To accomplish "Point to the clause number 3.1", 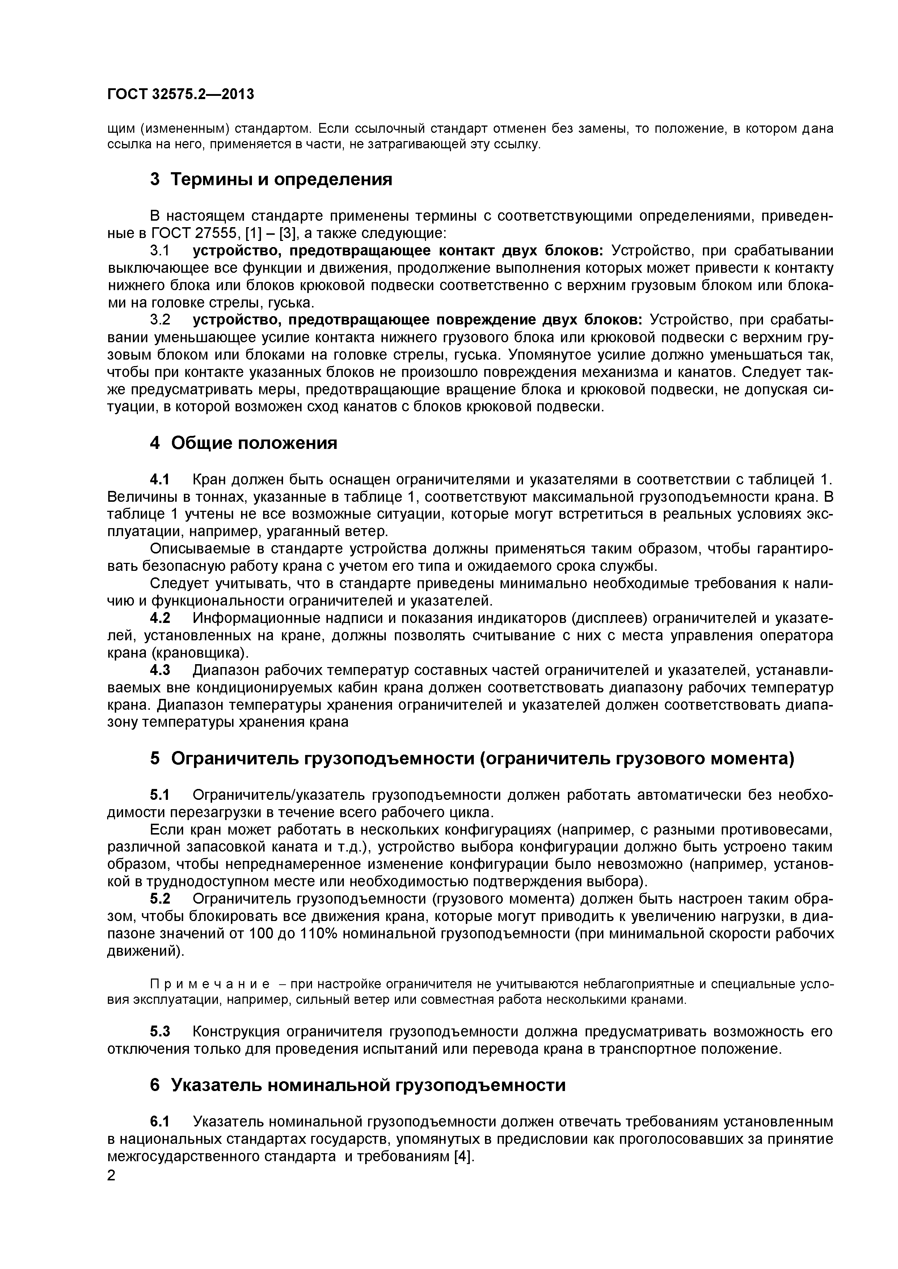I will click(x=160, y=251).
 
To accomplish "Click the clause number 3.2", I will click(x=160, y=320).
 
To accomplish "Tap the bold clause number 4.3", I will click(x=160, y=670).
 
